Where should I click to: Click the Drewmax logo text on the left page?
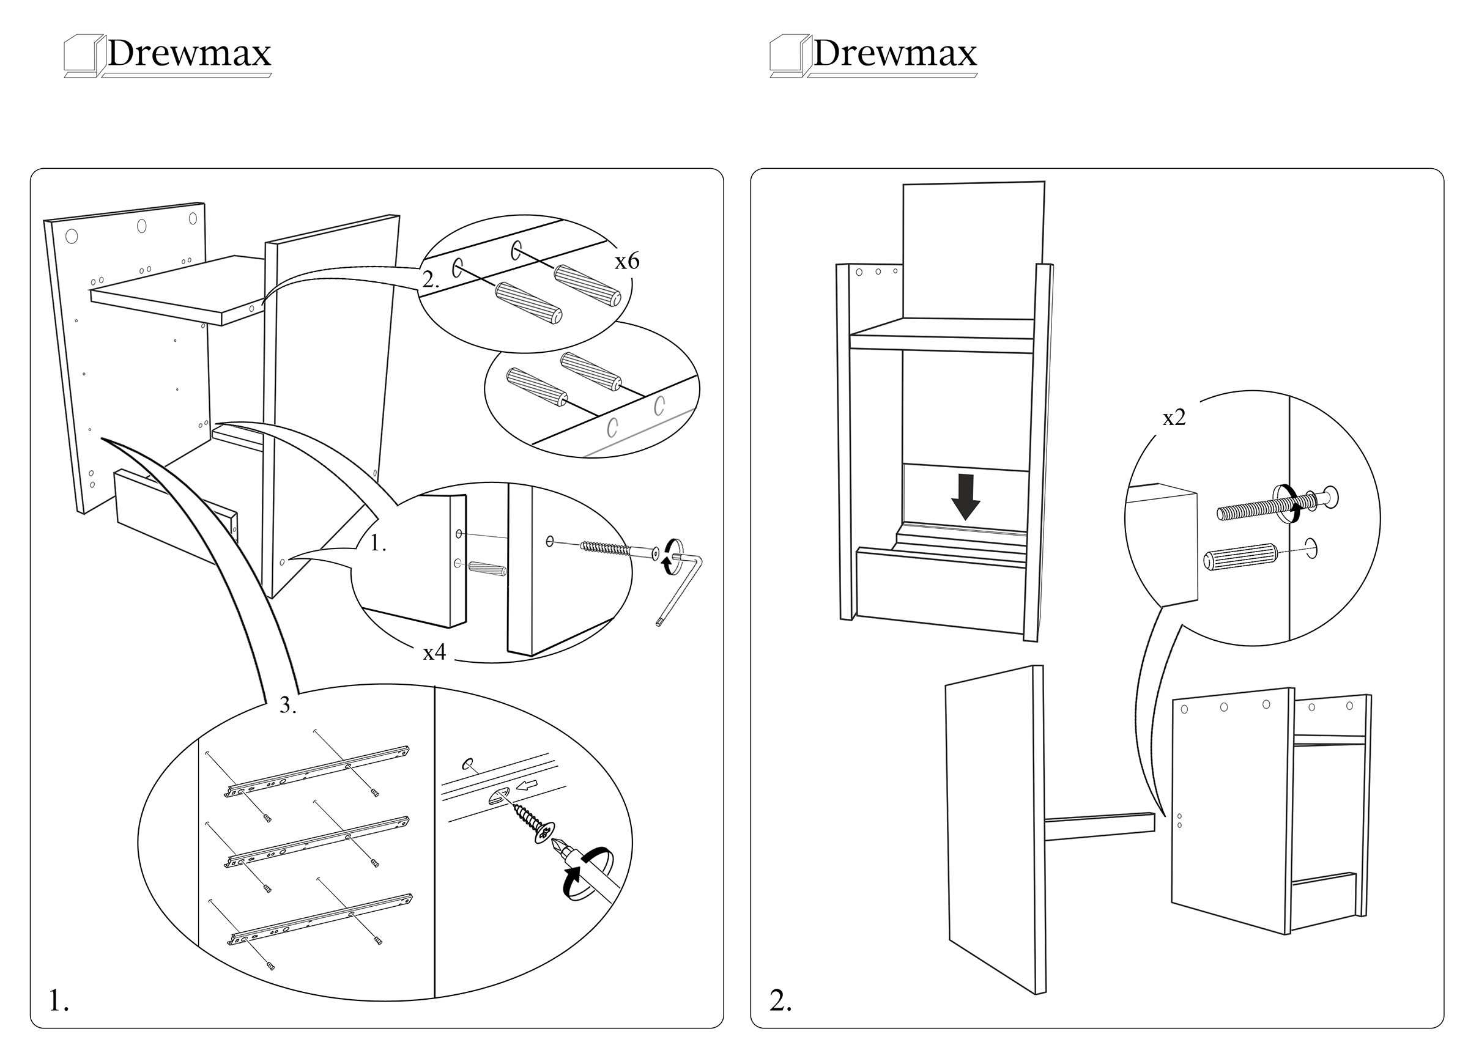(x=188, y=54)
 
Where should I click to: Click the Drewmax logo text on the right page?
(x=894, y=54)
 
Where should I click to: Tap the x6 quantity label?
(x=626, y=262)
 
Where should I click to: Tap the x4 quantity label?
(x=434, y=653)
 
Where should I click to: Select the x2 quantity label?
(x=1174, y=418)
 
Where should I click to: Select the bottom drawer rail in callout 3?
(x=321, y=918)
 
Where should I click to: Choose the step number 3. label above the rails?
(x=288, y=706)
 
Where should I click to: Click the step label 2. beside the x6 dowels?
(x=431, y=280)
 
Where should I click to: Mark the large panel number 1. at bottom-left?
(x=59, y=1001)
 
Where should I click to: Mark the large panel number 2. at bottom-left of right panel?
(x=780, y=1001)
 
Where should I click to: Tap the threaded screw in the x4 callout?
(x=609, y=548)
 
